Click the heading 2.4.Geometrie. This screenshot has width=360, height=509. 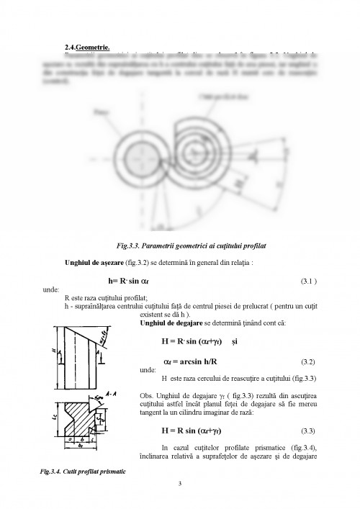tap(87, 47)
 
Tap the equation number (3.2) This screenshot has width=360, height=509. tap(308, 358)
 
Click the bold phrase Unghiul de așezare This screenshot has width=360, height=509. tap(96, 262)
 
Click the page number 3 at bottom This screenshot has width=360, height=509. tap(180, 482)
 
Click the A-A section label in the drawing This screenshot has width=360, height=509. tap(112, 393)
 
